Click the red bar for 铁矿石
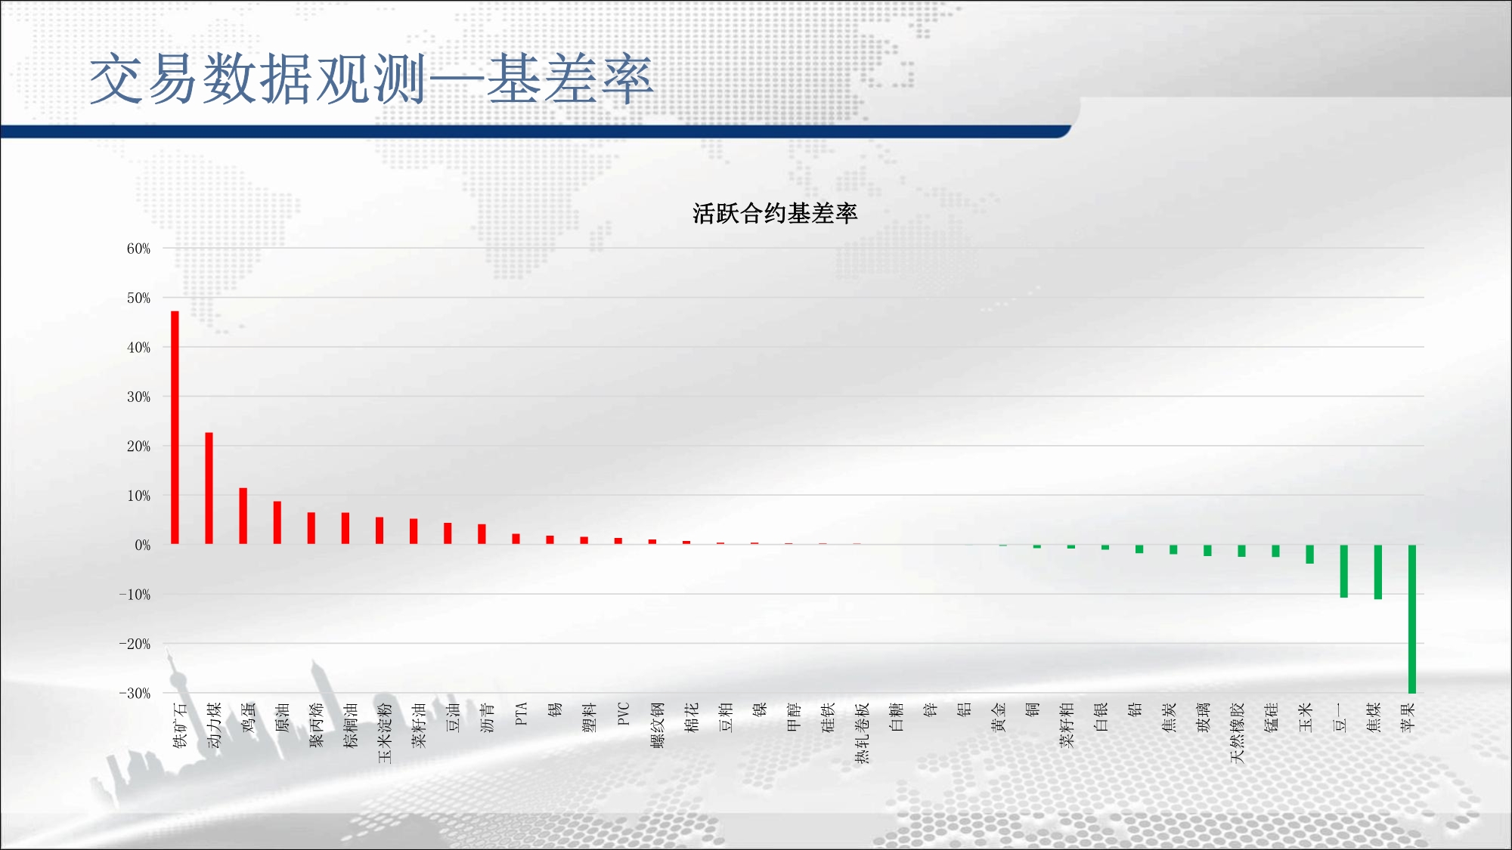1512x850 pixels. (x=175, y=428)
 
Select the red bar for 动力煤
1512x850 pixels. (x=209, y=488)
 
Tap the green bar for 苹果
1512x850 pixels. (x=1411, y=619)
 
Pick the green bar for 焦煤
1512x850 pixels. (x=1377, y=572)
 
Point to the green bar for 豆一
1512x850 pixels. (x=1343, y=571)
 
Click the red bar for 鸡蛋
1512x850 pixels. (x=243, y=516)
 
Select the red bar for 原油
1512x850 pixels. (x=277, y=523)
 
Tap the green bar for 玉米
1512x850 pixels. (x=1309, y=554)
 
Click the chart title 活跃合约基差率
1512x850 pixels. (x=775, y=213)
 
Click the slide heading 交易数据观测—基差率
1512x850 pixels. (x=370, y=79)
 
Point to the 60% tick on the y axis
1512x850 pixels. (x=138, y=249)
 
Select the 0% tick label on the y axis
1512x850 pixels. (x=143, y=545)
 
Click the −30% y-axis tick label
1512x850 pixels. (x=135, y=693)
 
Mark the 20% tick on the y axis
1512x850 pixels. (x=138, y=446)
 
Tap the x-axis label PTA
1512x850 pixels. (x=521, y=714)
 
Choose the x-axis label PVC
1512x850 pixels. (x=623, y=714)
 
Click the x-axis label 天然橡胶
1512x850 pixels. (x=1237, y=733)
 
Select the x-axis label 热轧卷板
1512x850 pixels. (x=862, y=733)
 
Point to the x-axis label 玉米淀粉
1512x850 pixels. (x=385, y=733)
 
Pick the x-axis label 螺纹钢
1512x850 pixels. (x=657, y=725)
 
